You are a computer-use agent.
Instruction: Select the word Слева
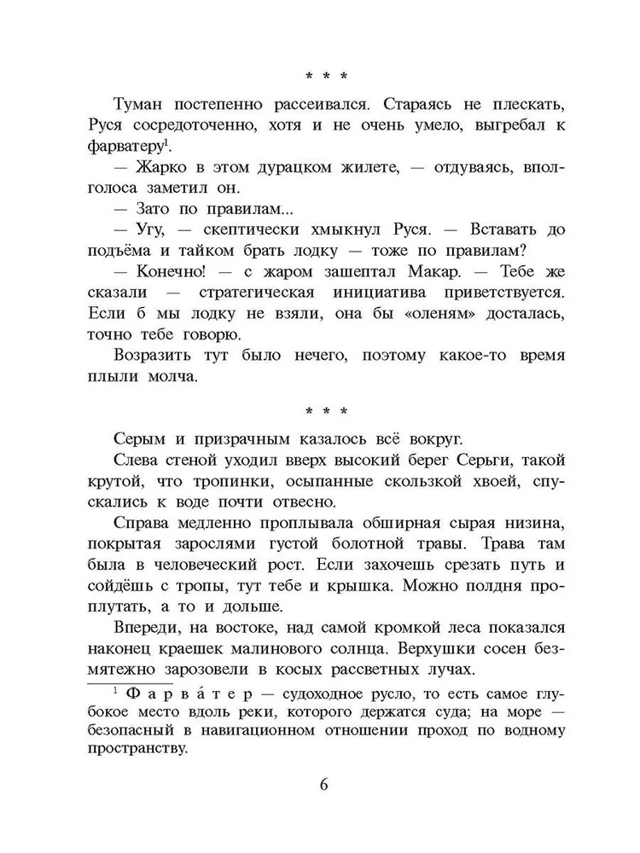[x=139, y=461]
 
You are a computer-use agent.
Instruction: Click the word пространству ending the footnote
[x=137, y=750]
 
